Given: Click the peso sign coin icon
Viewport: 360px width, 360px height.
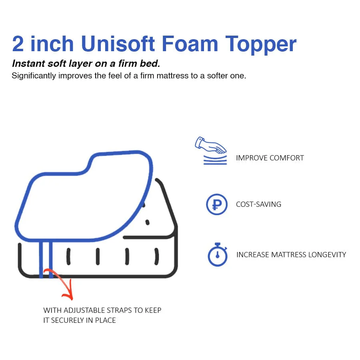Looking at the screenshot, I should pos(216,204).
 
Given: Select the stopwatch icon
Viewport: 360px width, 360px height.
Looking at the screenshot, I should pos(217,255).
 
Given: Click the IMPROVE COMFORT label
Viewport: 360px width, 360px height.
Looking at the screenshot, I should pos(270,158).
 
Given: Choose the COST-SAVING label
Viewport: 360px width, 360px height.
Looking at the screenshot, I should pos(258,204).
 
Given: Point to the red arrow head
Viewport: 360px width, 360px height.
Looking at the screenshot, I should pos(68,295).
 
